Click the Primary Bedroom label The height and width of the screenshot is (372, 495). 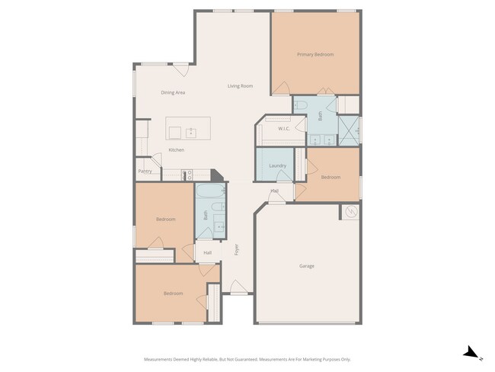point(315,54)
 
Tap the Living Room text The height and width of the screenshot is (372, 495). point(240,86)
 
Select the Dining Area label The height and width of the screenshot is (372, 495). point(173,92)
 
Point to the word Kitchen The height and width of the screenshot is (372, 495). point(176,149)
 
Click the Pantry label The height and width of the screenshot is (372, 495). point(145,171)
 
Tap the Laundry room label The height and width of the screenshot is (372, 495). point(277,165)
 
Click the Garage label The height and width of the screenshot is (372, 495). point(307,266)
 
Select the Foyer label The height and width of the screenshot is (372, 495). point(236,249)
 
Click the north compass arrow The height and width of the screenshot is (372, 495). point(471,352)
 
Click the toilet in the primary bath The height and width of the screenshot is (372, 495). point(301,105)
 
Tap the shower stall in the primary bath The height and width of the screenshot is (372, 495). point(350,128)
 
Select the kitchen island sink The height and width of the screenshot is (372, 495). point(190,133)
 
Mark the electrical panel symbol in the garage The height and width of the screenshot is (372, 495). point(351,212)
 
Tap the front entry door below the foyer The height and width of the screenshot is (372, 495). point(239,291)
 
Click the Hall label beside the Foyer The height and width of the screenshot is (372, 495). point(207,252)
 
